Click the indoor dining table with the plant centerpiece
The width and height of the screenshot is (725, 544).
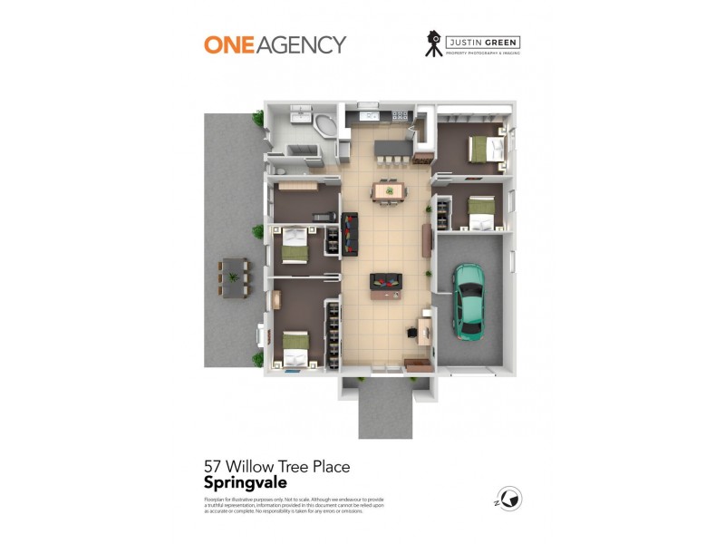388,190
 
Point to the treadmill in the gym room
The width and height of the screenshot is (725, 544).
323,216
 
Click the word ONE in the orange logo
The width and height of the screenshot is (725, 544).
227,44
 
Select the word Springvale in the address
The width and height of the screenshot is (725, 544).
246,483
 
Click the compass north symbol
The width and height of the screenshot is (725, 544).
510,499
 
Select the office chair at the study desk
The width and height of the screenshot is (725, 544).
413,332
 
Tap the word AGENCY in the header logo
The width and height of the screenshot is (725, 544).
301,44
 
